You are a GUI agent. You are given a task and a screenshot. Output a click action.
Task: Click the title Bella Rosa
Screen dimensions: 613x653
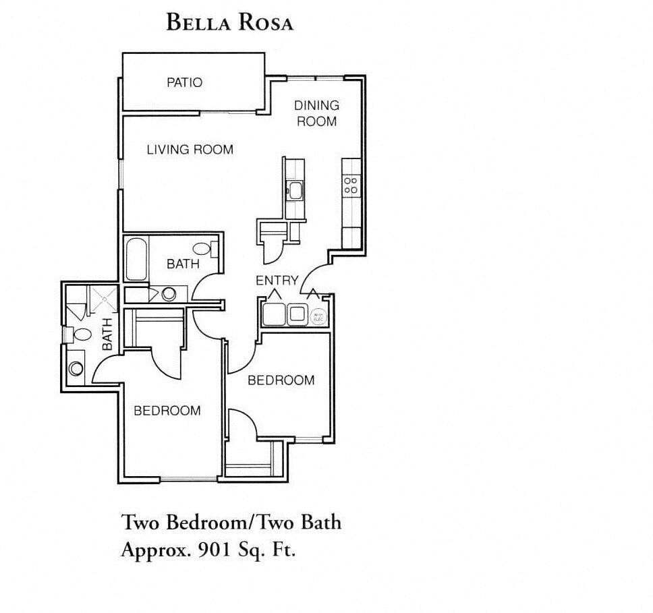229,22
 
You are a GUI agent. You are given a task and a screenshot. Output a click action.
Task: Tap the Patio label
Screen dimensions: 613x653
184,82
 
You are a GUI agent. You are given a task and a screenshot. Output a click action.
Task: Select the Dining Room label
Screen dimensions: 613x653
316,113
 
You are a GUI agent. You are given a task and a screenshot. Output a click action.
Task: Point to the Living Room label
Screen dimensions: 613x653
190,149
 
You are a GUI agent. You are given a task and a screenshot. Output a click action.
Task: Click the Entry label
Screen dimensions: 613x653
277,281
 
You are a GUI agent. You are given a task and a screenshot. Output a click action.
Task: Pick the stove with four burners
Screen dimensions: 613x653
351,185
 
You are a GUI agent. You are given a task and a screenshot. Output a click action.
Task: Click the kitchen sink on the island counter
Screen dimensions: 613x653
295,189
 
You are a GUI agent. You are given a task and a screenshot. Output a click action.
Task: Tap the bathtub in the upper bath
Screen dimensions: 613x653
136,259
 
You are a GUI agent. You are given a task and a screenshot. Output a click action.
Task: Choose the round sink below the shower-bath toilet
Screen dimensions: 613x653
76,368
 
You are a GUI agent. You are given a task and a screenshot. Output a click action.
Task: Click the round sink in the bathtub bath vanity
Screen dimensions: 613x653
169,294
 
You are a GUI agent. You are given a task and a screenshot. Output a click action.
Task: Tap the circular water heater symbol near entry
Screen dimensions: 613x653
318,315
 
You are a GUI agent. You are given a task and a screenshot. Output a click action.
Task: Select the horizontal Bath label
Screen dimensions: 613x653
183,264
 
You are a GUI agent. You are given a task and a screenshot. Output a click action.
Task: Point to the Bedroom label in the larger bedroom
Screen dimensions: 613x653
167,410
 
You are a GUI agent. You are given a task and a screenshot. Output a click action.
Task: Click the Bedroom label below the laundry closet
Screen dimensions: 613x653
281,380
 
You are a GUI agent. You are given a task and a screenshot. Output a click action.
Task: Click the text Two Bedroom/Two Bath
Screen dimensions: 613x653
231,521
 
